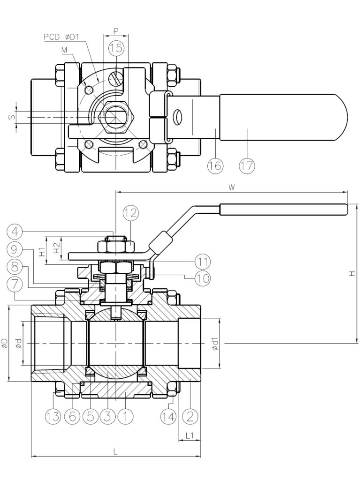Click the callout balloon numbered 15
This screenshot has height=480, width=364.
(116, 48)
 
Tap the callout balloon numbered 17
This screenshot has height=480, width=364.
(247, 165)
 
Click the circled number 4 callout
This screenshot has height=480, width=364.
(15, 232)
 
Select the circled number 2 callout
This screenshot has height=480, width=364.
(190, 417)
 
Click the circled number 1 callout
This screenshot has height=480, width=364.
(124, 417)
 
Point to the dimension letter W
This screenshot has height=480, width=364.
(231, 187)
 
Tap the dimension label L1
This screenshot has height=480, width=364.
(190, 435)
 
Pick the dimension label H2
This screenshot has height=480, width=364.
(57, 248)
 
